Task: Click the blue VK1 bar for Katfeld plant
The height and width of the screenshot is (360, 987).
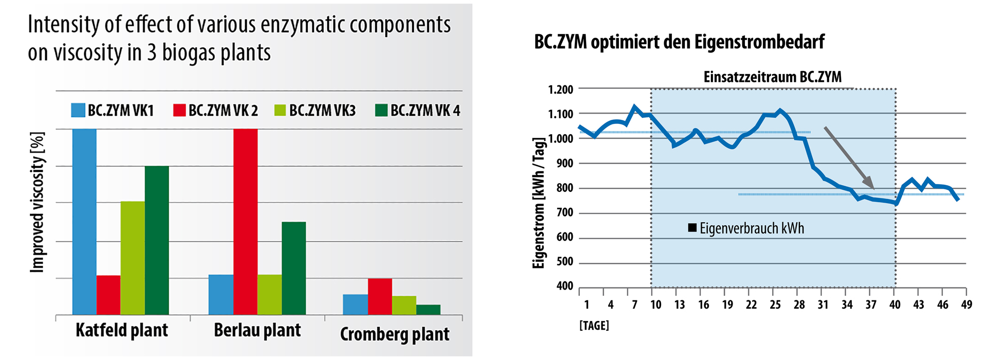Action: click(84, 221)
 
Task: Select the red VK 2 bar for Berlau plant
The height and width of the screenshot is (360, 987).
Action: click(245, 221)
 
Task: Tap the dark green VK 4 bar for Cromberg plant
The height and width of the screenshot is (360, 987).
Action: click(428, 310)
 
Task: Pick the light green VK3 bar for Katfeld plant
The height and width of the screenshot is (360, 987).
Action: click(133, 257)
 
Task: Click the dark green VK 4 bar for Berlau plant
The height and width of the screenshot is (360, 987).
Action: click(294, 267)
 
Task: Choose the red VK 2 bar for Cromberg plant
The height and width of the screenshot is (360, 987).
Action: click(380, 296)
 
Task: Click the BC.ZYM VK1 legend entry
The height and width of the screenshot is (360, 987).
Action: click(113, 111)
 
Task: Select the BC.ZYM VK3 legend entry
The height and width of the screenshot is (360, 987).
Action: click(315, 111)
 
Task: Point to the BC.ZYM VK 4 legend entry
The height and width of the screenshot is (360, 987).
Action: click(417, 111)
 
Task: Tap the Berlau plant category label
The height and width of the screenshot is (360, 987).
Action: click(257, 330)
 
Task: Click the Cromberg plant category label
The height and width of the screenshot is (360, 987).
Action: click(394, 334)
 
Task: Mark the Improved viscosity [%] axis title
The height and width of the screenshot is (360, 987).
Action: click(37, 202)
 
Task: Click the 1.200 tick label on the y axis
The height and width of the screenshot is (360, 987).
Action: click(560, 90)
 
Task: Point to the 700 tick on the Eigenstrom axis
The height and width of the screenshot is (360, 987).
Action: click(564, 212)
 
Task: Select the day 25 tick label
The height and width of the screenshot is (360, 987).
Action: click(775, 305)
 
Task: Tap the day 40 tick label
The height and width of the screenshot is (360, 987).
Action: click(895, 305)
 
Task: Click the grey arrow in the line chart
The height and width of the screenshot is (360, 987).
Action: click(849, 157)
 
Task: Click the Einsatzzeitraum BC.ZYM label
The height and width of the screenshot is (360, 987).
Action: click(772, 77)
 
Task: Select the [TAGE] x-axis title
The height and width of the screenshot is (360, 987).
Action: click(594, 326)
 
